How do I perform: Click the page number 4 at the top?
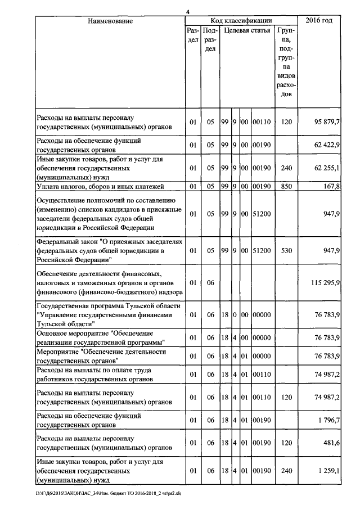point(188,12)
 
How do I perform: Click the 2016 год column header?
point(318,21)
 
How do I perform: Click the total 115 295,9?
point(322,285)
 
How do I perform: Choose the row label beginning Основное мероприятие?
point(101,337)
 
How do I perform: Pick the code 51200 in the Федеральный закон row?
point(261,250)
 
